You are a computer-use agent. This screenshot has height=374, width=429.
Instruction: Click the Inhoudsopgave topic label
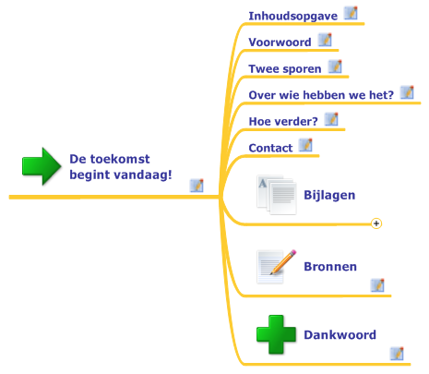pos(292,16)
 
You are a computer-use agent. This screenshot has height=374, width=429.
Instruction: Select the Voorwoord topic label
pos(280,42)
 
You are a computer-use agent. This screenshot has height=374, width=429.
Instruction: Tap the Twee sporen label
pos(285,69)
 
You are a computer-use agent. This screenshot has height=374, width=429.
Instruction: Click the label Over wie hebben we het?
pos(321,95)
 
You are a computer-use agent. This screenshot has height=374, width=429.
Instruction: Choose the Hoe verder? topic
pos(283,122)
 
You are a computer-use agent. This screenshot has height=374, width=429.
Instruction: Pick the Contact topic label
pos(270,148)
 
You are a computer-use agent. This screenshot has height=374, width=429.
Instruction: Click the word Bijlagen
pos(329,196)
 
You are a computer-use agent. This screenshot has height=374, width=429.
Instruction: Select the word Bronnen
pos(330,267)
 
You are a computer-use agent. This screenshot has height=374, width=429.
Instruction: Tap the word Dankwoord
pos(340,335)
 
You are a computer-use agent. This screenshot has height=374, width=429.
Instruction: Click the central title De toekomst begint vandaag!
pos(121,167)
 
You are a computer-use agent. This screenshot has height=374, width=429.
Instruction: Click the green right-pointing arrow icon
pos(42,166)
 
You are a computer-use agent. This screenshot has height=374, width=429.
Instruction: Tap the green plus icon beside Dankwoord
pos(276,334)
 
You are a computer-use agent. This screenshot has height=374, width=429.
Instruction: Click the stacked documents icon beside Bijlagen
pos(277,195)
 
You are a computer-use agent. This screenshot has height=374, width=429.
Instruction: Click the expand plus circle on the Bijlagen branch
pos(376,223)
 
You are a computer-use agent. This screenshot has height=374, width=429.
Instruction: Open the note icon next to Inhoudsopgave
pos(351,13)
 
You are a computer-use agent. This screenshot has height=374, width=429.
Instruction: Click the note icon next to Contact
pos(305,145)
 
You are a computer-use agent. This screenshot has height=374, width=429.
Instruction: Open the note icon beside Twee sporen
pos(335,66)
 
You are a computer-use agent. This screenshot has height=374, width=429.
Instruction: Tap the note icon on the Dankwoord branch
pos(397,354)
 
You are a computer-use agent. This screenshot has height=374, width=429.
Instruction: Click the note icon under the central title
pos(197,186)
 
